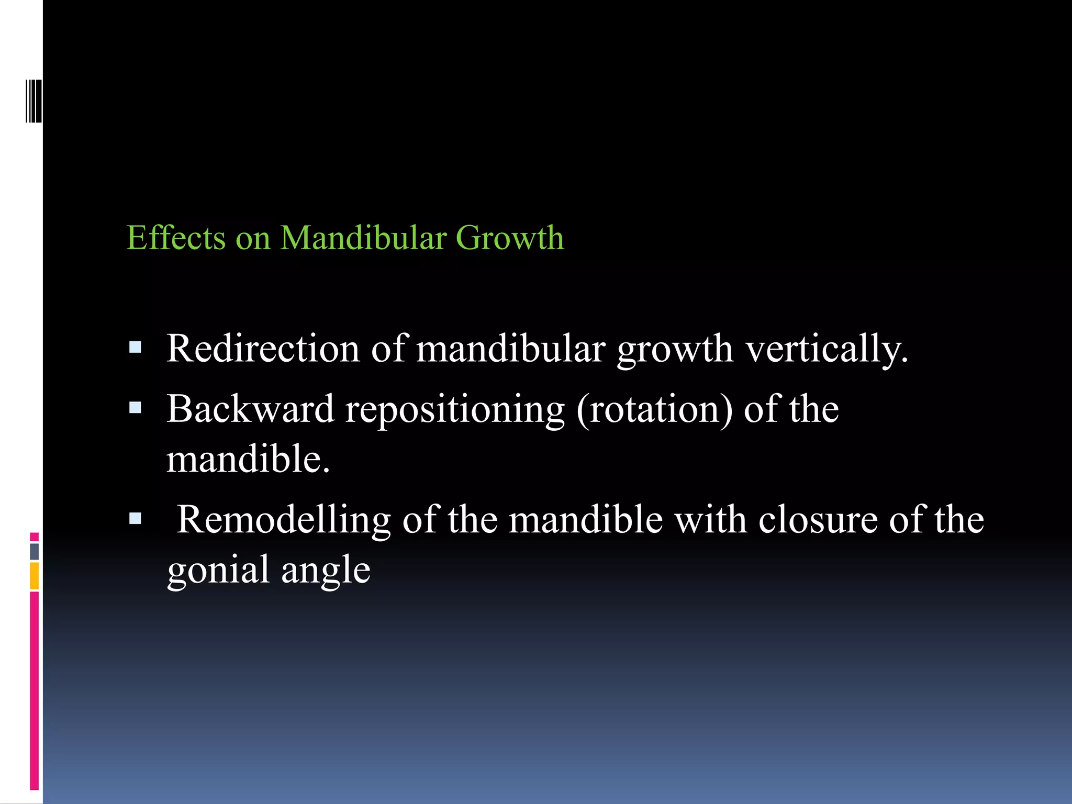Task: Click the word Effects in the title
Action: click(176, 238)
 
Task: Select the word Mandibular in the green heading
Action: click(363, 238)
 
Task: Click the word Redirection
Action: click(263, 349)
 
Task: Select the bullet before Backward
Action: click(135, 408)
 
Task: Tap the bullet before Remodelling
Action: click(135, 519)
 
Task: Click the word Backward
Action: click(250, 409)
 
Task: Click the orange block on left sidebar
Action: click(34, 575)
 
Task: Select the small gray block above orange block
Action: click(34, 551)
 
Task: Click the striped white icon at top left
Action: click(33, 101)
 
